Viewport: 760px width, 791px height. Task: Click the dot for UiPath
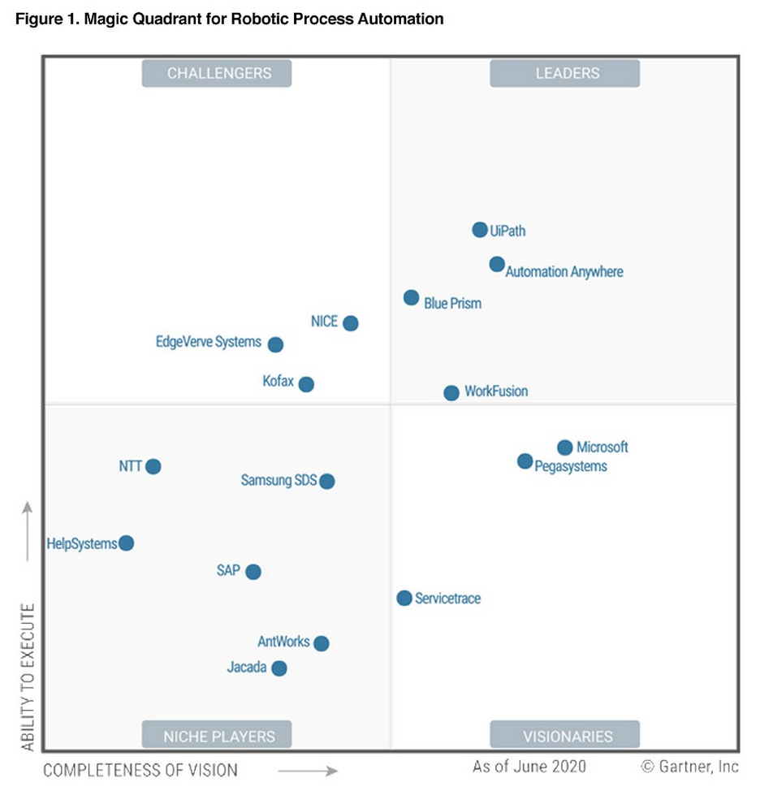coord(480,230)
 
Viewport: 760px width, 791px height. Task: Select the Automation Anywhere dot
coord(497,264)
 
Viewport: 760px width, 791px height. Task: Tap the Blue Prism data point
coord(412,298)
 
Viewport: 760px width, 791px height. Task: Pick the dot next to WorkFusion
coord(451,393)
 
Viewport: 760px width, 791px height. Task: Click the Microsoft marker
coord(565,447)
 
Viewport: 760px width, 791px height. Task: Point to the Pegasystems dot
coord(525,461)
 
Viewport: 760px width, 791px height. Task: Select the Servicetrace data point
coord(404,599)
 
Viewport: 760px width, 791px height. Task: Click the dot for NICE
coord(351,323)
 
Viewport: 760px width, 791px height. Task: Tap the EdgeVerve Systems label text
coord(209,342)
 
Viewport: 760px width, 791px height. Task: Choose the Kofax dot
coord(306,384)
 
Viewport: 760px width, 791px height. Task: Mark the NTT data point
coord(153,466)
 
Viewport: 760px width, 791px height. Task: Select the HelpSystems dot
coord(126,543)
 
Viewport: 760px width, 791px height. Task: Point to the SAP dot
coord(253,572)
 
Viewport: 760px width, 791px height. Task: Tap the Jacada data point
coord(279,668)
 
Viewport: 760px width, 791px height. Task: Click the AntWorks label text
coord(283,642)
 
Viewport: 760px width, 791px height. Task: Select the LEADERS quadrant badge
coord(565,73)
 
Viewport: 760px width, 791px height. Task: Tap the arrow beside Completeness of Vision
coord(308,770)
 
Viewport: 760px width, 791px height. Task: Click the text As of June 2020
coord(529,767)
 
